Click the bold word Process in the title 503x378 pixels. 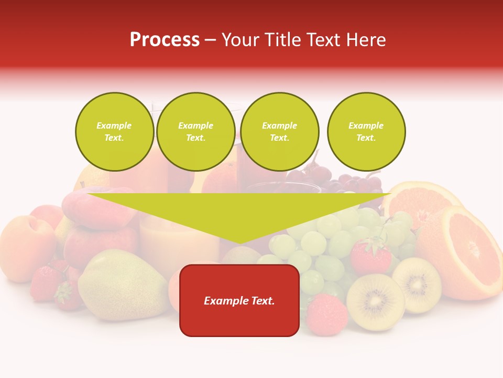165,40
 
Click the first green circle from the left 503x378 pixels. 114,132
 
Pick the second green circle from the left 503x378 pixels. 196,132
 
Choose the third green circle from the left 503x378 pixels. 279,132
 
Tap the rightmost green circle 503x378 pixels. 366,132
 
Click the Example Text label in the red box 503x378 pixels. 239,301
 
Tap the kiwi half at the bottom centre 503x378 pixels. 375,302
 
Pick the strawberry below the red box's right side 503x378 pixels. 326,314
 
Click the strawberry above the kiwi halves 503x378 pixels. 370,257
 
